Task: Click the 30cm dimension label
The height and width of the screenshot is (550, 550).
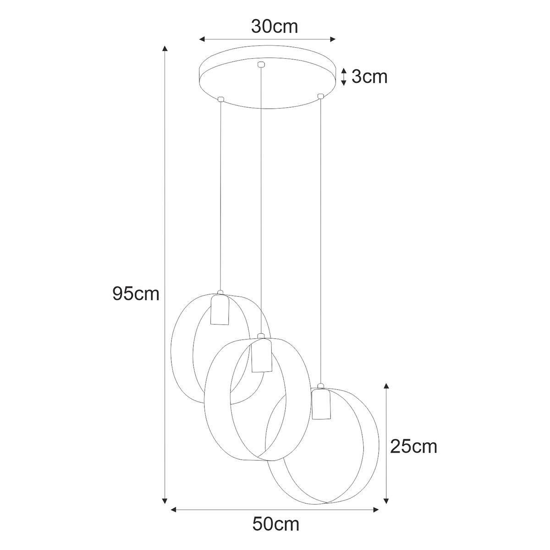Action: [275, 27]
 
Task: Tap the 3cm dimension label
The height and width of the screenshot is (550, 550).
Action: [369, 77]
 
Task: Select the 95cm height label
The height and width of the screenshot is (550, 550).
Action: [136, 294]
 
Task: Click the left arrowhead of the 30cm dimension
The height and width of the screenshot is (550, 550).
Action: [202, 39]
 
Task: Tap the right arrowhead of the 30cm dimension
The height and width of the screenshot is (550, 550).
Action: [332, 39]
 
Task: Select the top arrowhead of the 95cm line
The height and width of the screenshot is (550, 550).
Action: [165, 48]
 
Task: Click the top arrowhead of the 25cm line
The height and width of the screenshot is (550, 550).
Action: [386, 386]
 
